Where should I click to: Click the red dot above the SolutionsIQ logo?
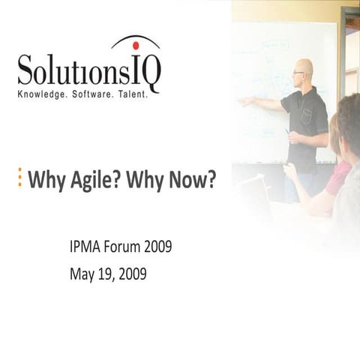click(x=136, y=44)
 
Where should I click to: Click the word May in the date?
click(x=82, y=274)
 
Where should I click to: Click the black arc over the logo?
click(x=135, y=38)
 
